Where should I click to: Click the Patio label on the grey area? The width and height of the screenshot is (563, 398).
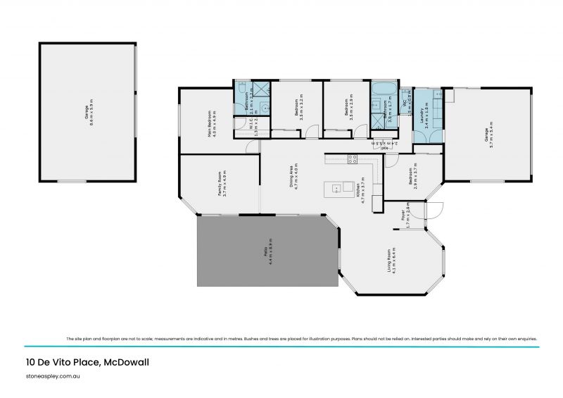pos(267,253)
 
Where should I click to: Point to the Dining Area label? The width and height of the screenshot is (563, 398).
pos(296,175)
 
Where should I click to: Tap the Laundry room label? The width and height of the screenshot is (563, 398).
pos(424,112)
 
